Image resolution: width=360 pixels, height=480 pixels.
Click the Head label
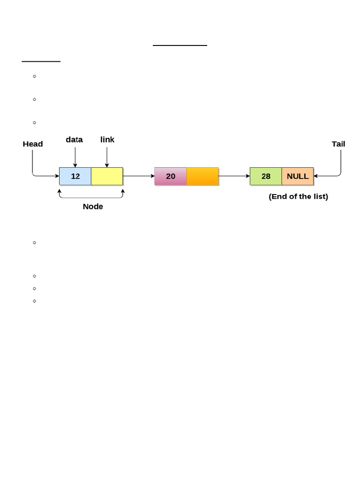coord(33,144)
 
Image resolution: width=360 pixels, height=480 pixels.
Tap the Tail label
coord(338,144)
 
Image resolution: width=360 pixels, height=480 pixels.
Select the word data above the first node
coord(74,140)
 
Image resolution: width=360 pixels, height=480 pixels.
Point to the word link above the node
coord(107,140)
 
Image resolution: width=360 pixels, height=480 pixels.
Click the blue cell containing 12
coord(75,176)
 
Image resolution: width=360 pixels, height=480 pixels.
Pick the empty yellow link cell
coord(107,176)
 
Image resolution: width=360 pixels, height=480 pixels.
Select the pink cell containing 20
coord(171,176)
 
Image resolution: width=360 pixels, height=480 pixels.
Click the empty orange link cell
coord(202,176)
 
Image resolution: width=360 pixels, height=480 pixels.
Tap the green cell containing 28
coord(266,176)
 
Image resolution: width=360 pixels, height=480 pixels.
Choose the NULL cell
coord(298,176)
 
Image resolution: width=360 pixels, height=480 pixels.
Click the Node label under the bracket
coord(93,207)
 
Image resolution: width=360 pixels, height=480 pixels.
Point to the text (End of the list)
coord(298,196)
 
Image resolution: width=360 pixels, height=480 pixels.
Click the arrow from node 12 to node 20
coord(139,176)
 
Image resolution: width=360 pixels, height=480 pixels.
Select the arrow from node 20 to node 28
coord(234,176)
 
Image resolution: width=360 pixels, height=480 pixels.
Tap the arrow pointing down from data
coord(75,157)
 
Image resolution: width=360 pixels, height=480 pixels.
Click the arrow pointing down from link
coord(107,157)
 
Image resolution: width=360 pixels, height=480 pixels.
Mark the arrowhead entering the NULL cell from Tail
coord(316,176)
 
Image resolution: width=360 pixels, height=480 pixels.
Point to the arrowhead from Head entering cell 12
coord(57,176)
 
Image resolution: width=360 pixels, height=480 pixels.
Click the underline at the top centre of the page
coord(180,45)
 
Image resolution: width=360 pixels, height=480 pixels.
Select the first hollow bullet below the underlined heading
coord(35,76)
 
